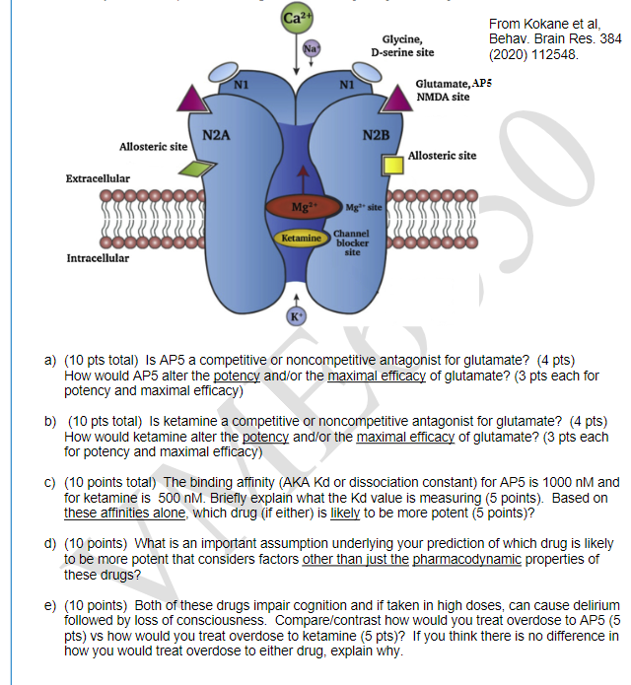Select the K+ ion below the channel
(294, 315)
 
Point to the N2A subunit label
(217, 135)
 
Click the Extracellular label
(98, 178)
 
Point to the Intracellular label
(98, 258)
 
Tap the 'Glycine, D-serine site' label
(401, 45)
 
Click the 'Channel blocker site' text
(354, 241)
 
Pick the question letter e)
(49, 605)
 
